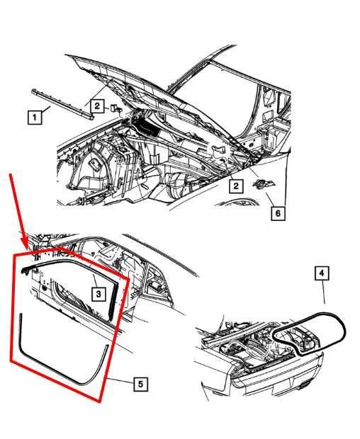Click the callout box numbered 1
tap(35, 117)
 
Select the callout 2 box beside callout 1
tap(97, 106)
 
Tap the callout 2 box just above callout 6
tap(236, 186)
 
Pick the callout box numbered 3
tap(99, 294)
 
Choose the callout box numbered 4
tap(322, 273)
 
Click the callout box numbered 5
tap(140, 384)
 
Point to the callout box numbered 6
tap(278, 213)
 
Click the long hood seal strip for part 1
tap(62, 105)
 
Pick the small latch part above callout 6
tap(264, 183)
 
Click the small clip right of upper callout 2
tap(116, 108)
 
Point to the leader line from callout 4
tap(323, 292)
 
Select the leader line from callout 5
tap(118, 380)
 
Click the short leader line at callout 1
tap(46, 109)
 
